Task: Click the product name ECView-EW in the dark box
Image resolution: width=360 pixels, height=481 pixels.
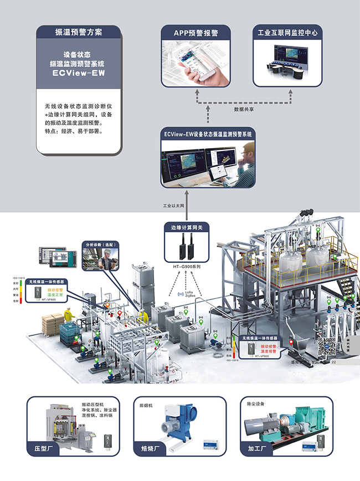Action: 79,73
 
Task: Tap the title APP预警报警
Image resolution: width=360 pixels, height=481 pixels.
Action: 196,33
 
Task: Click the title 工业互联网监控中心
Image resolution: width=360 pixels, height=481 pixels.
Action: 288,33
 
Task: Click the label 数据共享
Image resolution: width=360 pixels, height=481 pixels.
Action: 244,110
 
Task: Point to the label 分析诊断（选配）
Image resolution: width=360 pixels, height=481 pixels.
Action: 100,244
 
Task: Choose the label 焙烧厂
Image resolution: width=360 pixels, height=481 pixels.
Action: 152,448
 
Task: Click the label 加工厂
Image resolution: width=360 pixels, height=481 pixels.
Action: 260,448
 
